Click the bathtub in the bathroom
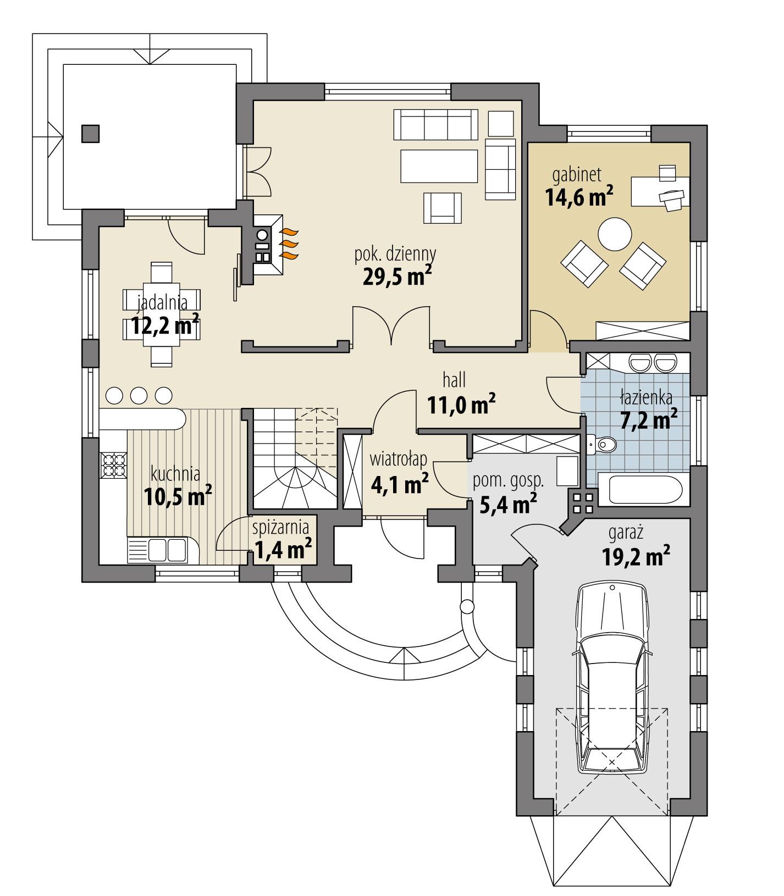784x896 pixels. point(641,490)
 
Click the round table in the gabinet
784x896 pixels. point(615,235)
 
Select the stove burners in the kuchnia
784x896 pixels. point(114,464)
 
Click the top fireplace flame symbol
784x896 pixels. point(290,231)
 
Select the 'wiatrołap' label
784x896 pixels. point(399,458)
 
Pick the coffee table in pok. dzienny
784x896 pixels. point(439,166)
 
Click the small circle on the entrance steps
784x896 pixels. point(467,607)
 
